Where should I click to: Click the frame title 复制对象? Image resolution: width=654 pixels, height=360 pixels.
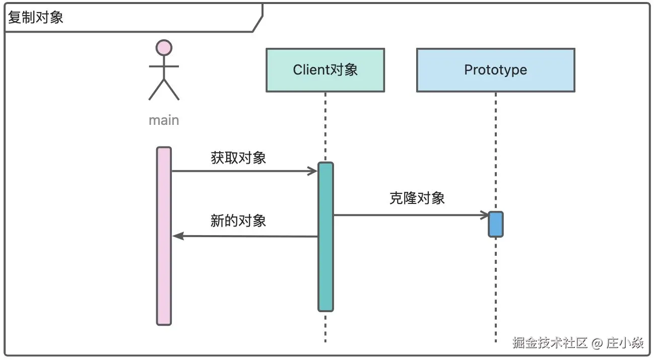pyautogui.click(x=36, y=18)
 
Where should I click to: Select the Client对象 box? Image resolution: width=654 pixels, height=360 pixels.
pyautogui.click(x=325, y=70)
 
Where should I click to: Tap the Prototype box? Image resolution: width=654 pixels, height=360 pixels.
pyautogui.click(x=495, y=70)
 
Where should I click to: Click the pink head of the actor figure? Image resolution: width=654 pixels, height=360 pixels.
pyautogui.click(x=164, y=48)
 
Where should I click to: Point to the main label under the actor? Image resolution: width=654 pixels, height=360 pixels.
pyautogui.click(x=164, y=120)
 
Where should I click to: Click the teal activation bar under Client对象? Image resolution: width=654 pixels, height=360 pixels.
pyautogui.click(x=325, y=237)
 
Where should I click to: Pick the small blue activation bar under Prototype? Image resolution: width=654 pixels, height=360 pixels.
pyautogui.click(x=495, y=224)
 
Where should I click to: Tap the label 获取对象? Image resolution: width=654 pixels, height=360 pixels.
pyautogui.click(x=238, y=158)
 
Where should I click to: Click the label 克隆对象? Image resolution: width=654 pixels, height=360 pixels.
pyautogui.click(x=417, y=198)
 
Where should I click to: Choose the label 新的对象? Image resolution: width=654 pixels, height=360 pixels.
pyautogui.click(x=238, y=221)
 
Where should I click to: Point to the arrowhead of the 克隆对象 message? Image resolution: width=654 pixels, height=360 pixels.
pyautogui.click(x=484, y=215)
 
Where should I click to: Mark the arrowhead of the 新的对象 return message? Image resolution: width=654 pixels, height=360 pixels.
pyautogui.click(x=177, y=236)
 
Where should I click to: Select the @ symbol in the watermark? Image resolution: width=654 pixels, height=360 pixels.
pyautogui.click(x=597, y=343)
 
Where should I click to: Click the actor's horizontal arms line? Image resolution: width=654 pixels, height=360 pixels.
pyautogui.click(x=164, y=66)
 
